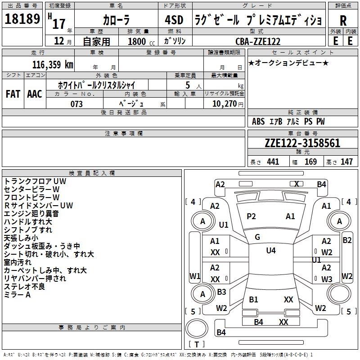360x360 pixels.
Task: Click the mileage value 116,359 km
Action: click(x=53, y=65)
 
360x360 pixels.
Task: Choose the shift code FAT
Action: click(x=13, y=94)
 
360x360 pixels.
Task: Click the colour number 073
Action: click(x=76, y=104)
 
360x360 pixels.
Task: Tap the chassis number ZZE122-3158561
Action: click(x=302, y=144)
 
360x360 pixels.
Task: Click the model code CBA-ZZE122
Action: click(x=258, y=41)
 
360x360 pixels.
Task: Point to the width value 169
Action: click(x=310, y=162)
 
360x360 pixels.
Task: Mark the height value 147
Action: click(x=346, y=162)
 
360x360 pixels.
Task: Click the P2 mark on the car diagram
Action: click(x=251, y=216)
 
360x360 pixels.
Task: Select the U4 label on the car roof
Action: click(x=270, y=251)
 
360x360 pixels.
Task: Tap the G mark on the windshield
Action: click(x=257, y=237)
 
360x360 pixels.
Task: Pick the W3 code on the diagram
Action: click(x=327, y=279)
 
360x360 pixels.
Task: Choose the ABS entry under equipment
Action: click(x=258, y=121)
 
